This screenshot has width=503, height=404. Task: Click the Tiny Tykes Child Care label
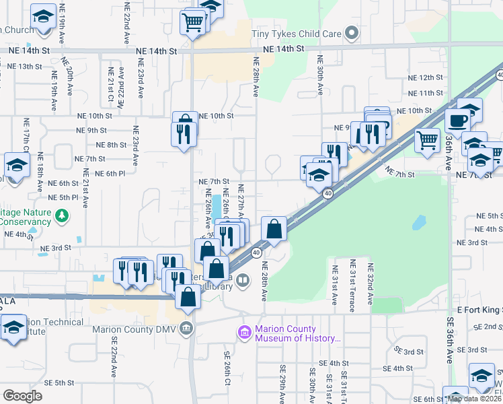[297, 34]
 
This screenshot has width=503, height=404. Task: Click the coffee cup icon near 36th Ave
[458, 121]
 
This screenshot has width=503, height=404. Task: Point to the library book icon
[243, 279]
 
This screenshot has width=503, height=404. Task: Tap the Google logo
[22, 395]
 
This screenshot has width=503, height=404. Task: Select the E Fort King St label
[479, 310]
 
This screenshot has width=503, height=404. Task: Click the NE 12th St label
[426, 78]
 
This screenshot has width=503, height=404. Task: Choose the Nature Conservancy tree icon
[63, 215]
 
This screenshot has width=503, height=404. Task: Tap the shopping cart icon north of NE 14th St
[192, 23]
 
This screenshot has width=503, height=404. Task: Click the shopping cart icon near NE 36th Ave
[427, 140]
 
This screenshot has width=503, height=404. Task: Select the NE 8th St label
[112, 145]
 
